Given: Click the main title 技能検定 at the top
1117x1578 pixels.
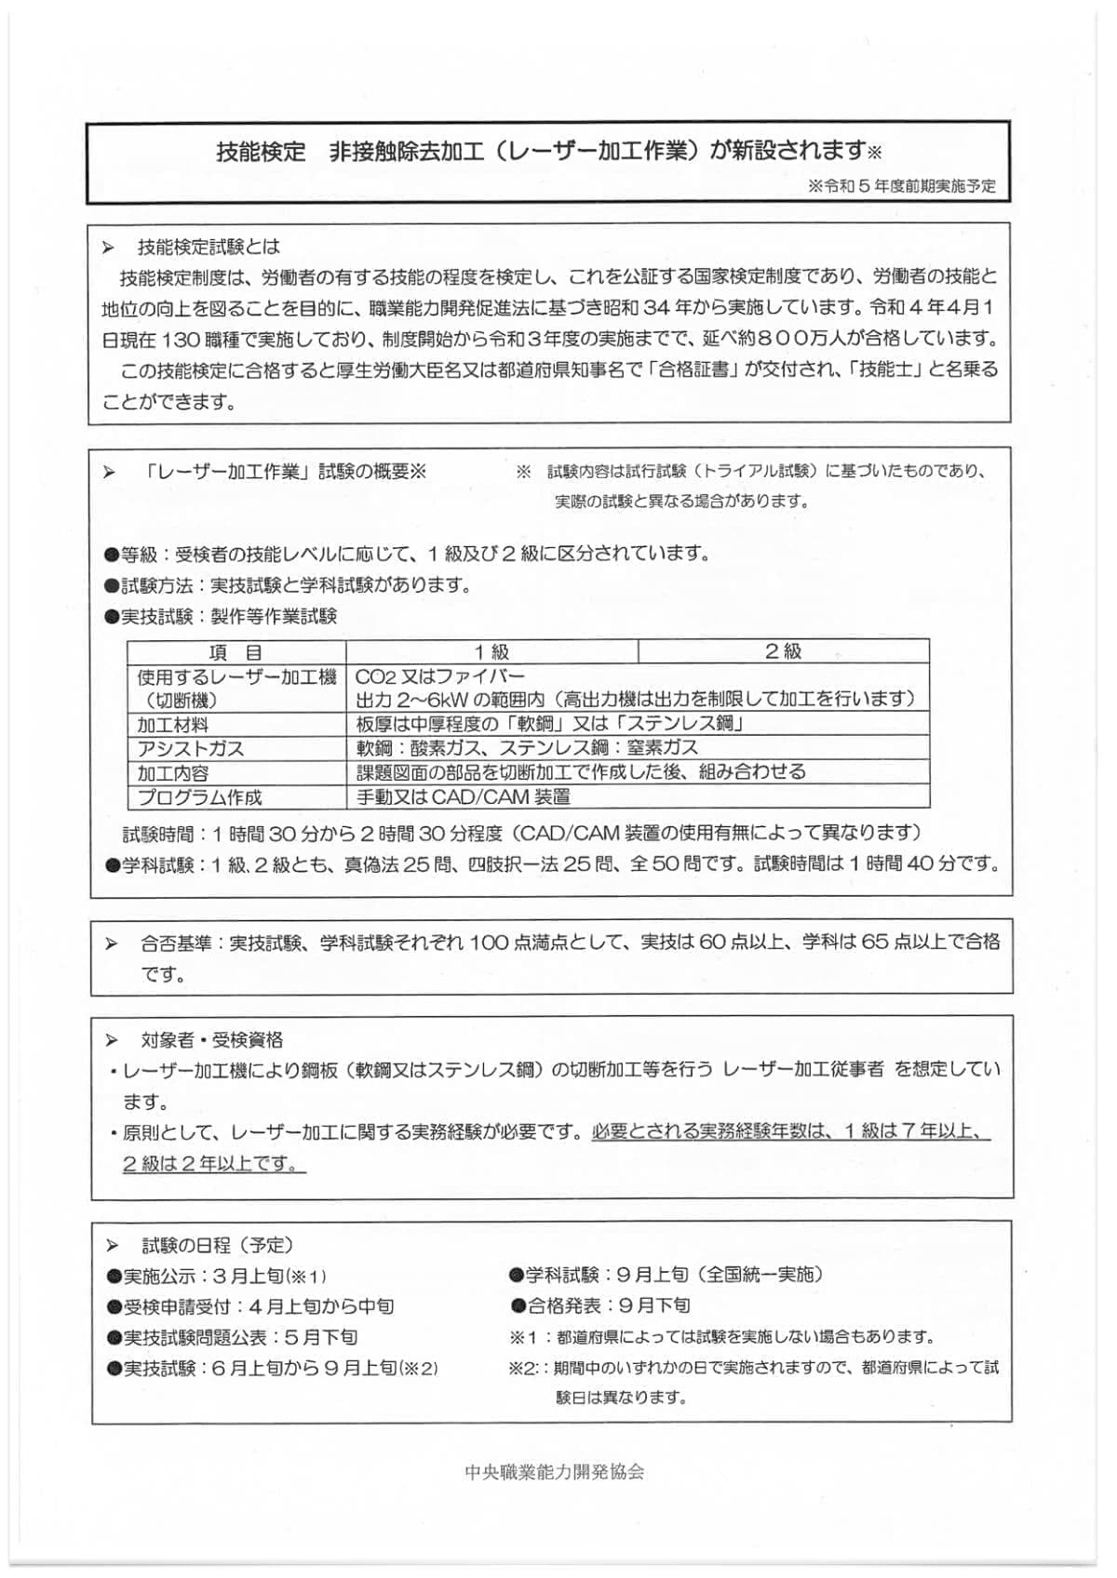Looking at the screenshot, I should point(261,151).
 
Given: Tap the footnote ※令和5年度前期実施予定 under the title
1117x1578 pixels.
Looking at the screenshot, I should point(902,186).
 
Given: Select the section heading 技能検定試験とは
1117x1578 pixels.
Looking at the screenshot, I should point(209,247).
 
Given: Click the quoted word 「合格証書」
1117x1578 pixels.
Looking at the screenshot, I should point(684,370).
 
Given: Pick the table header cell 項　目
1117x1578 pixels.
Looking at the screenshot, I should point(236,651).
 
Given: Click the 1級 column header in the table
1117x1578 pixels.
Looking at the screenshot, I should point(491,651).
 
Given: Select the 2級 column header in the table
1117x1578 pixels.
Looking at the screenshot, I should point(783,651).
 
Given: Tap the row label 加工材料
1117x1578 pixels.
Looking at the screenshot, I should point(173,724).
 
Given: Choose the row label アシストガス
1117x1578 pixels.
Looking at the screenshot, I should point(191,748).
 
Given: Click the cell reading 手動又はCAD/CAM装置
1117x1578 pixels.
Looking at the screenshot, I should point(464,796).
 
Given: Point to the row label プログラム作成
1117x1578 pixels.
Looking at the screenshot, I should point(200,797).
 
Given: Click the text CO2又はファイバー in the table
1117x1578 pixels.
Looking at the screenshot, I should point(440,676).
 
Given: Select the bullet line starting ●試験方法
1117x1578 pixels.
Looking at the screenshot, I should point(289,585).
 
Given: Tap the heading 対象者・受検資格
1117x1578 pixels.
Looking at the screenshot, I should point(212,1039).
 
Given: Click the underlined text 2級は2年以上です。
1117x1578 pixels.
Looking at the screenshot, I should point(213,1163).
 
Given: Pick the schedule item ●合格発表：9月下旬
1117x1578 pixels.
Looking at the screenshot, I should point(600,1305).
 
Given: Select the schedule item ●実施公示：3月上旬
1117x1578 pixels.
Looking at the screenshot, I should point(216,1276).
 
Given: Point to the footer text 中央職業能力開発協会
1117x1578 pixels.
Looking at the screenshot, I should point(554,1471).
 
